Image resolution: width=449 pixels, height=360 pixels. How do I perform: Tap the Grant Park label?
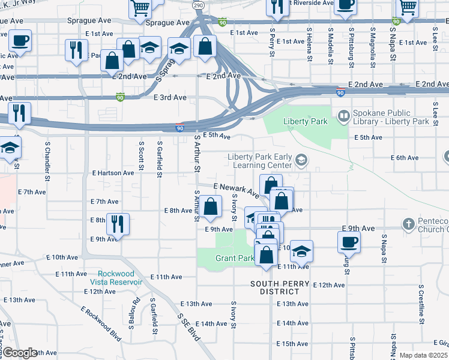(235, 259)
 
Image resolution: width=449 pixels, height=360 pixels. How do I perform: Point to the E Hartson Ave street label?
(113, 173)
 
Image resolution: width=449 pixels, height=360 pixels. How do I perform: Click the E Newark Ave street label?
(236, 190)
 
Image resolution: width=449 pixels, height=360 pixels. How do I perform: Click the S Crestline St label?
(422, 305)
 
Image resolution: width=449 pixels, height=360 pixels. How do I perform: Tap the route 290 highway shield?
(198, 5)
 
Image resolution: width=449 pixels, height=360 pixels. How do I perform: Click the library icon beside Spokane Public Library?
(344, 116)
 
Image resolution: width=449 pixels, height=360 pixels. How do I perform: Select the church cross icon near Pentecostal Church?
(408, 224)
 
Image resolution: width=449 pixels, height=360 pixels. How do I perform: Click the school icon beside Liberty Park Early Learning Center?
(300, 160)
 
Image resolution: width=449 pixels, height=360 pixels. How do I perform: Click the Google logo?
(20, 353)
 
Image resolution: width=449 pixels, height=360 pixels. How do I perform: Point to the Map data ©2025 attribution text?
(424, 355)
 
